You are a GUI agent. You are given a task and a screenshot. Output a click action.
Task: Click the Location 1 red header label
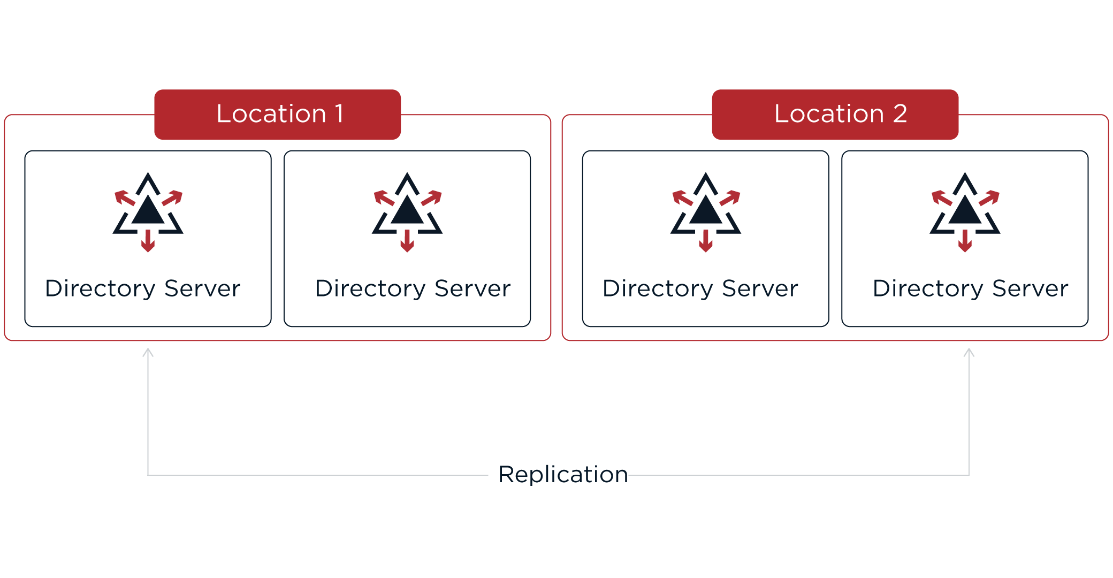coord(278,114)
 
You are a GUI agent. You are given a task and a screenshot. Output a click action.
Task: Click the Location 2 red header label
coord(835,114)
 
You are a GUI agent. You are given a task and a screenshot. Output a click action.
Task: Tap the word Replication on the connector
coord(563,475)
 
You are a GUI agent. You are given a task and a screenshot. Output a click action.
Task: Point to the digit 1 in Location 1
coord(339,114)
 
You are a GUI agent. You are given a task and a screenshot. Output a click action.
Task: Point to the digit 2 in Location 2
coord(899,114)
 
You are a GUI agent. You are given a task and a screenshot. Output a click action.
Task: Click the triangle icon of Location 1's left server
coord(148,210)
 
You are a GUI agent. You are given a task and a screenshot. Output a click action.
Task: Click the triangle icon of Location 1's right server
coord(407,210)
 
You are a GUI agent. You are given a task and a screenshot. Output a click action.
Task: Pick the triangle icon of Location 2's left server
coord(706,210)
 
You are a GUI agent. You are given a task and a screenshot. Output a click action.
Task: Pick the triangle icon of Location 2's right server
coord(965,210)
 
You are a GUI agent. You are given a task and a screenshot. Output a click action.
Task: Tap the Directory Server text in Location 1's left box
coord(143,288)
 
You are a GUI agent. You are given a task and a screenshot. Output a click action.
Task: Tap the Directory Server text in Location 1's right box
coord(413,288)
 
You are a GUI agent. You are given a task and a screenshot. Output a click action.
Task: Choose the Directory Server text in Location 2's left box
coord(700,288)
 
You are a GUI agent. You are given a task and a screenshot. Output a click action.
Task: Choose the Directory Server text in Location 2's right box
coord(970,288)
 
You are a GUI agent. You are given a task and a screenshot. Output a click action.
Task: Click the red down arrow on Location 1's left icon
coord(148,241)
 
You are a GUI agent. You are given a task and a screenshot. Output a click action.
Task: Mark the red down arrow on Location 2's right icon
coord(965,241)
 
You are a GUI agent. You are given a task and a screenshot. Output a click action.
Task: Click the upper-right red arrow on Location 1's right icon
coord(432,197)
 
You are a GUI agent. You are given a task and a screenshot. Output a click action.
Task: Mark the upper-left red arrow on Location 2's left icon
coord(682,197)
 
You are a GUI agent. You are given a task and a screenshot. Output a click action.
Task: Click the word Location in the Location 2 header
coord(828,114)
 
